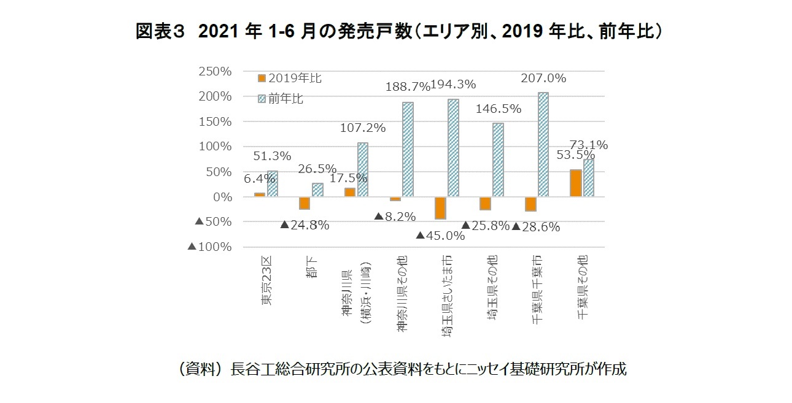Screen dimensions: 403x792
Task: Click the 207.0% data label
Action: (543, 79)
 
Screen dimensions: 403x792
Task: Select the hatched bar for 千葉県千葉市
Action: (543, 145)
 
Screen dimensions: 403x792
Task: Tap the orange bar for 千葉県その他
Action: (575, 183)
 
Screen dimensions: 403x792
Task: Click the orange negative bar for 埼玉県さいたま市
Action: (439, 208)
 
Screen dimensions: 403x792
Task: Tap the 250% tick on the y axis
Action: (215, 71)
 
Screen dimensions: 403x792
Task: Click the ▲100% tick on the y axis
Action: (209, 247)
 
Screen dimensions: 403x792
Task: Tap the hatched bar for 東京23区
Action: (273, 184)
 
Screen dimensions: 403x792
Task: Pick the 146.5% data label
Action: (498, 109)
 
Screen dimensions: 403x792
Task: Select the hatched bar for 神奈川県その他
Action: (408, 150)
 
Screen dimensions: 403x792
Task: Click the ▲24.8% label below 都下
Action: (305, 225)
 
